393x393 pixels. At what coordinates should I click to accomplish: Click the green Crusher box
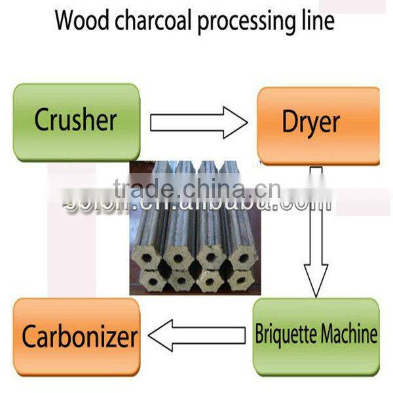pyautogui.click(x=76, y=122)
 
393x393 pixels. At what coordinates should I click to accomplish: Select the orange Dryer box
pyautogui.click(x=318, y=124)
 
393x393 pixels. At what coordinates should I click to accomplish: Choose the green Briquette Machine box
pyautogui.click(x=316, y=335)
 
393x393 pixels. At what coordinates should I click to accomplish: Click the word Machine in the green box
pyautogui.click(x=348, y=335)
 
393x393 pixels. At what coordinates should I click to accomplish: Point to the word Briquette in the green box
pyautogui.click(x=285, y=335)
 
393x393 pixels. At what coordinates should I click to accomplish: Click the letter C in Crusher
pyautogui.click(x=42, y=122)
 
